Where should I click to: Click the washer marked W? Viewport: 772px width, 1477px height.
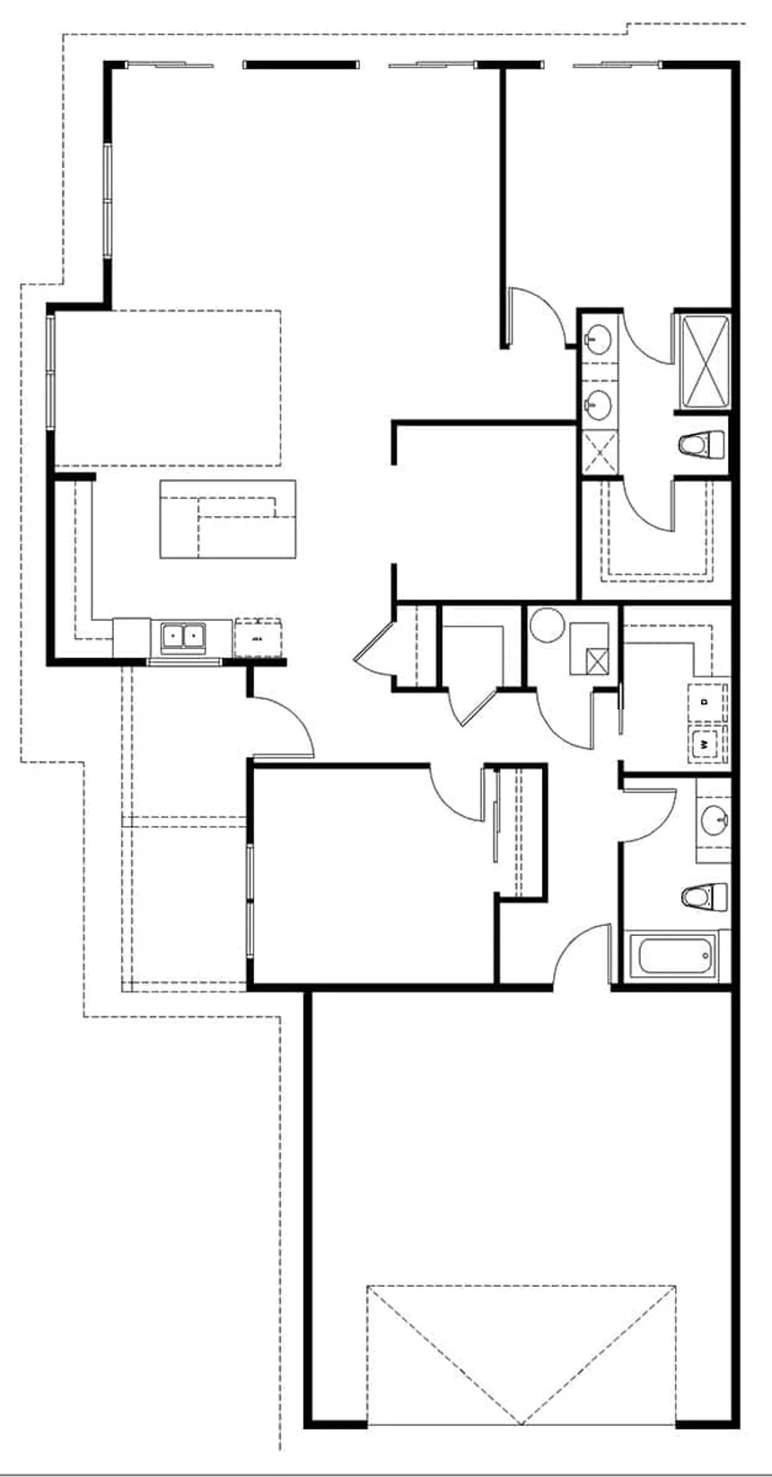click(705, 744)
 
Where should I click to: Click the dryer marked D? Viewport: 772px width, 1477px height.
click(705, 701)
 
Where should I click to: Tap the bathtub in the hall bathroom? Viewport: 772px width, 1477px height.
click(674, 958)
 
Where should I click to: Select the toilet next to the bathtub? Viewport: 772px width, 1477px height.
click(704, 896)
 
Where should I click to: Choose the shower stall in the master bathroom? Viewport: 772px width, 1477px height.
click(704, 361)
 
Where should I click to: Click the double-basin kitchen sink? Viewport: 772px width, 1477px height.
click(183, 636)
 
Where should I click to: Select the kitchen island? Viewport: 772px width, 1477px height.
click(227, 520)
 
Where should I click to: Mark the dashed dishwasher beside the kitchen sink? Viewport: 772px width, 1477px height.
click(258, 638)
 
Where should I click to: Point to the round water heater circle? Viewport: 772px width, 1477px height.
click(544, 625)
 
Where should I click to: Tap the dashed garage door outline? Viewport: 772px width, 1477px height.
click(521, 1354)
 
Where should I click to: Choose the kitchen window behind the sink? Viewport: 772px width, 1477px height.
click(183, 662)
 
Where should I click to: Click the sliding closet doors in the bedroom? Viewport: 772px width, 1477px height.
click(495, 817)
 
